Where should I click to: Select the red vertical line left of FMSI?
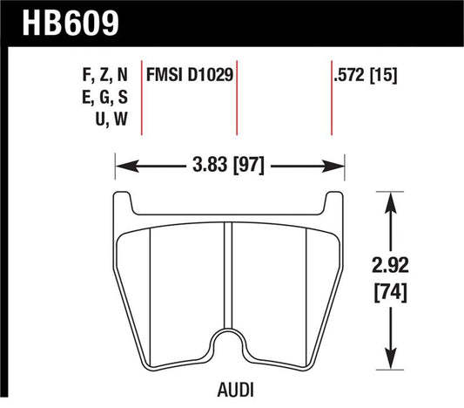(142, 96)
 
